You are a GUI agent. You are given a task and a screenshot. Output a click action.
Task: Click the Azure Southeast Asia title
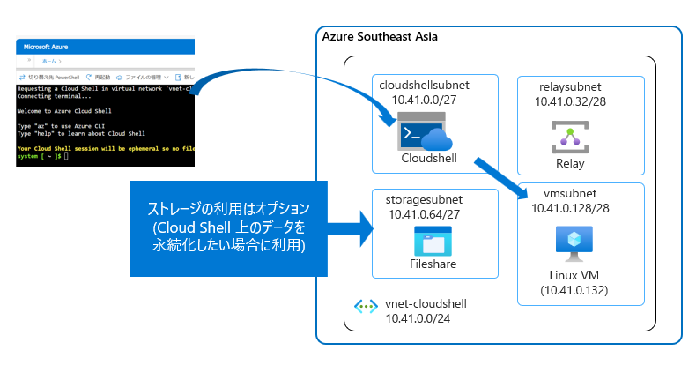[380, 37]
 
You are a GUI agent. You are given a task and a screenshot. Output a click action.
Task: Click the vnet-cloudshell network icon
[366, 308]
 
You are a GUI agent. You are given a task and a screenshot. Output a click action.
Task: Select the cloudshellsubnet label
[424, 85]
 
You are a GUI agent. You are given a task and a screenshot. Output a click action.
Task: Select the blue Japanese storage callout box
[228, 227]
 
